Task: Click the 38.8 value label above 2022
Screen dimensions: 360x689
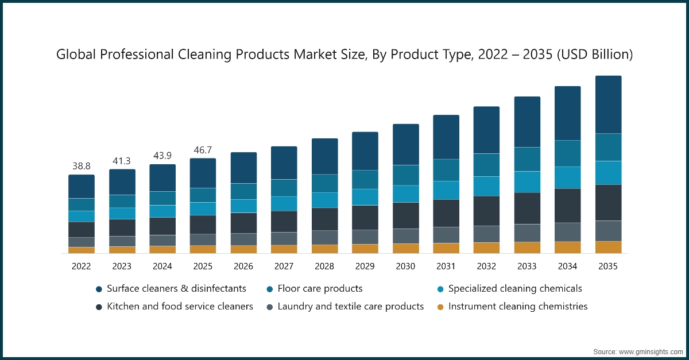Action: tap(82, 166)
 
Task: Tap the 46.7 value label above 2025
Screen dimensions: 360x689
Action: tap(203, 149)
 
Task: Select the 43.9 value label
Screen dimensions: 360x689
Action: tap(162, 156)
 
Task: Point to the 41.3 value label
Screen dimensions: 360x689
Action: tap(122, 161)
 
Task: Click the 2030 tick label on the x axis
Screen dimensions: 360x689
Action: tap(405, 266)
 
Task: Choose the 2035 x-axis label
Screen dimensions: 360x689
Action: tap(608, 266)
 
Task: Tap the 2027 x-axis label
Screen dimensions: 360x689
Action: tap(284, 266)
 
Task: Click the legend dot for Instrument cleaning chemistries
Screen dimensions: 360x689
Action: tap(440, 307)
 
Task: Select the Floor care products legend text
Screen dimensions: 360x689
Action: tap(320, 288)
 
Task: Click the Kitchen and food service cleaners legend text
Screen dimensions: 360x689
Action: tap(180, 307)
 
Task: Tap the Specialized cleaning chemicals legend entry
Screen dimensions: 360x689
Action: tap(515, 288)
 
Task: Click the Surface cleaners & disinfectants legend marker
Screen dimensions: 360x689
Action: tap(99, 289)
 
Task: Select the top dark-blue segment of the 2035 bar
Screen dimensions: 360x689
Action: tap(608, 104)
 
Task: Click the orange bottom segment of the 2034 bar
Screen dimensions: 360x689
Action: tap(567, 247)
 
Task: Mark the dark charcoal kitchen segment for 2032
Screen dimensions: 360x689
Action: tap(486, 211)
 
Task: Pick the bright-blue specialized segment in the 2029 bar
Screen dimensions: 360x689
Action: tap(365, 197)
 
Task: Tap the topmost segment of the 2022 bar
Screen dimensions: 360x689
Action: tap(82, 187)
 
